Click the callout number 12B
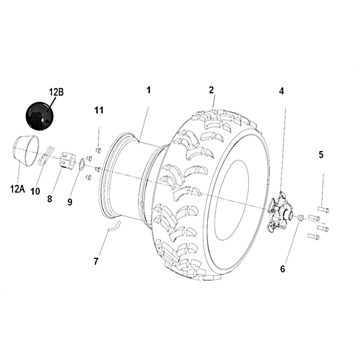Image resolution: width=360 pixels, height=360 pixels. [x=57, y=92]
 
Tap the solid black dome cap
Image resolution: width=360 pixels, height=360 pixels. [x=40, y=116]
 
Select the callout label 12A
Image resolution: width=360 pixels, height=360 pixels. [x=18, y=189]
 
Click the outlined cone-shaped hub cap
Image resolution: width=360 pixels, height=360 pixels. [x=26, y=151]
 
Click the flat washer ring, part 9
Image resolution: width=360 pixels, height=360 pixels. [x=82, y=164]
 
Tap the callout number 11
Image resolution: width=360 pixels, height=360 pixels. [x=99, y=110]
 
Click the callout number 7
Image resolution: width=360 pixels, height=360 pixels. [x=96, y=261]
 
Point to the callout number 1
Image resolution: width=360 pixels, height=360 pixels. [x=149, y=90]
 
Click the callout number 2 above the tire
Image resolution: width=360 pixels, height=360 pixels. [x=211, y=90]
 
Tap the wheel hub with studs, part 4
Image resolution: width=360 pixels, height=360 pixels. [x=280, y=211]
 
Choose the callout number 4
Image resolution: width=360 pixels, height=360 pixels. [x=282, y=91]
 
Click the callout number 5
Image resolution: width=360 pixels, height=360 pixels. [x=321, y=155]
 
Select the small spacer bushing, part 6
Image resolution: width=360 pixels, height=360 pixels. [x=301, y=217]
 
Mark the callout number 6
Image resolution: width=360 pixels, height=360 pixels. [x=283, y=269]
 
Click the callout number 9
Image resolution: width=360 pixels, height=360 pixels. [x=70, y=202]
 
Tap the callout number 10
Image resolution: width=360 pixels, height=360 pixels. [x=35, y=191]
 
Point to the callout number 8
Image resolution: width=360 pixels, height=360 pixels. [x=50, y=199]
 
